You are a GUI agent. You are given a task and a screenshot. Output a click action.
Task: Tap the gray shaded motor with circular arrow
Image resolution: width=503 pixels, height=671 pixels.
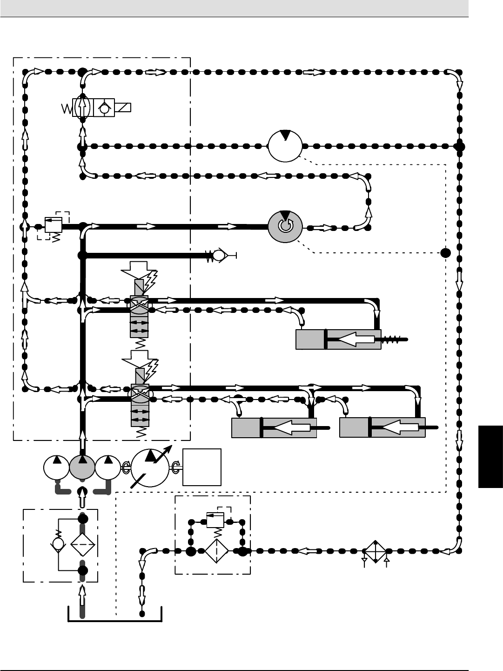tap(285, 226)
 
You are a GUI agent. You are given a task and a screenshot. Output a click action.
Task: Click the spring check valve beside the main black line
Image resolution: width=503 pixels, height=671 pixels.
tap(216, 255)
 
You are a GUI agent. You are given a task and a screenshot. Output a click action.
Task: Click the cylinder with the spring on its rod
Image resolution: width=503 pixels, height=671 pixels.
tap(338, 339)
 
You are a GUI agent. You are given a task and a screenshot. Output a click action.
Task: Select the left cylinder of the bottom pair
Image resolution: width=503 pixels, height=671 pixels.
tap(274, 427)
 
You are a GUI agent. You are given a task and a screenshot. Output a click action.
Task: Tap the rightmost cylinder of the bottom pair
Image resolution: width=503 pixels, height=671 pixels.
tap(382, 427)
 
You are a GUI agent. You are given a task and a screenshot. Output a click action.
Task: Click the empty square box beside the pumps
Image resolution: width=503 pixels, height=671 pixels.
tap(202, 467)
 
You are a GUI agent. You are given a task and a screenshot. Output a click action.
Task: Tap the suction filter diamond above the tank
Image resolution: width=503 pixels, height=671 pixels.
tap(82, 544)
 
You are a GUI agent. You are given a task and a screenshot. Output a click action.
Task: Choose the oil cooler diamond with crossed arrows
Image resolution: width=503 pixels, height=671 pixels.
tap(375, 551)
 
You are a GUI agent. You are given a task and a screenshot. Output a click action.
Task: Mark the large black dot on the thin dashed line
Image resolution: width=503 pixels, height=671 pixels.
tap(445, 253)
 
